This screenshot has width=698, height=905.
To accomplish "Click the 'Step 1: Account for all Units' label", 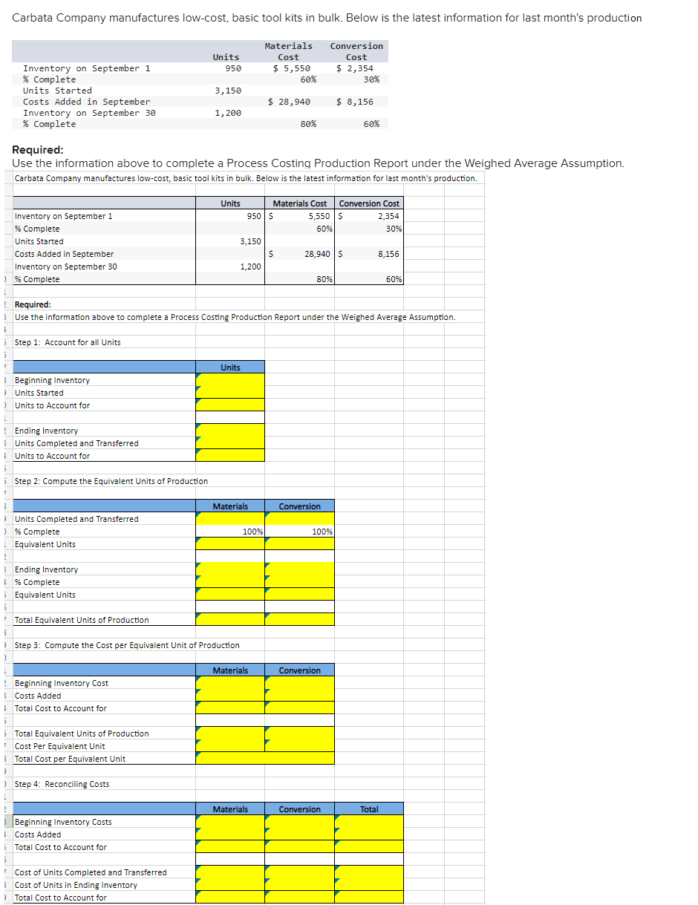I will [68, 342].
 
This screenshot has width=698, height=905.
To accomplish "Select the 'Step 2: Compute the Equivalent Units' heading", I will [111, 481].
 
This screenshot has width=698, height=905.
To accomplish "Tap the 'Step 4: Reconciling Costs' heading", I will [62, 784].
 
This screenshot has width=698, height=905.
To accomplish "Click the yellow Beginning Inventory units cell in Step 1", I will [230, 380].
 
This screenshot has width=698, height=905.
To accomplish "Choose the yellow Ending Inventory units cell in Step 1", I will [230, 431].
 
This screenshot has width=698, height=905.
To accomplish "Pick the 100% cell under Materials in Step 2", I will [230, 532].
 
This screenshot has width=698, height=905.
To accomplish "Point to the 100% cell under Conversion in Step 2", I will [300, 532].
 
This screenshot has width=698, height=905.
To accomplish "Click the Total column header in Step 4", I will [369, 809].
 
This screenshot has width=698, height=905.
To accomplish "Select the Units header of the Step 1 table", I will [230, 367].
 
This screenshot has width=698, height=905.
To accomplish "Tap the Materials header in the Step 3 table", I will [230, 670].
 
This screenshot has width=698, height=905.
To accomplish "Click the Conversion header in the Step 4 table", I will [300, 809].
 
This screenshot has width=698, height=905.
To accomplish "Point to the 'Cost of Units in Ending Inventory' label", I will [76, 885].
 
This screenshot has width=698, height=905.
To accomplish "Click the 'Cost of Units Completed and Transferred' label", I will [91, 872].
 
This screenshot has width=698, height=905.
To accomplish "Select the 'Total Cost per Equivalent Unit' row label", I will [70, 759].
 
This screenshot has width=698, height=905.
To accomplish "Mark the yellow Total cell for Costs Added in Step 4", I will [369, 834].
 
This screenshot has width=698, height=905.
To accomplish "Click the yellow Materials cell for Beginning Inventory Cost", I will [230, 683].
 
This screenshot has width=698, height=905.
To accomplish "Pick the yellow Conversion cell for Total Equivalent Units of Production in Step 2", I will [300, 620].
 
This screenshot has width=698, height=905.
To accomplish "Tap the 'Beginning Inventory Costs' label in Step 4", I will [63, 822].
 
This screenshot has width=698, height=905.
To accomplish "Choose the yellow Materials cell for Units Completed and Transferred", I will [230, 519].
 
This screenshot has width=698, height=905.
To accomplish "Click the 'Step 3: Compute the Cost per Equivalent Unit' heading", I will [127, 645].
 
